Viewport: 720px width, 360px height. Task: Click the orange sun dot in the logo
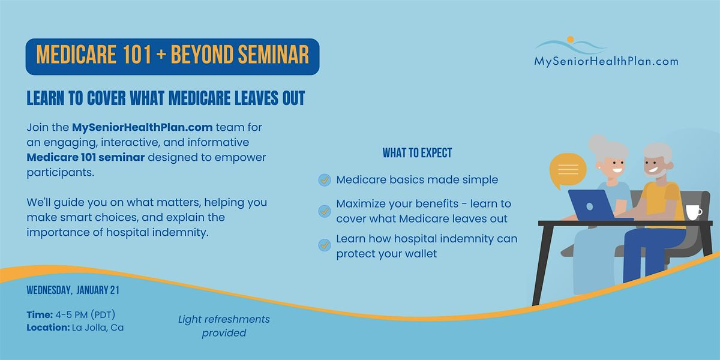(x=571, y=39)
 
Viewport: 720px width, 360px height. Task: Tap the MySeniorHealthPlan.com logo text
(x=606, y=61)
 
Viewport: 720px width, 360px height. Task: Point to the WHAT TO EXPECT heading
(x=417, y=153)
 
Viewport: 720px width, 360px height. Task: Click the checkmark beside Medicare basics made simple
(x=325, y=180)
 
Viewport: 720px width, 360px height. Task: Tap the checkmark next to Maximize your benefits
(x=325, y=211)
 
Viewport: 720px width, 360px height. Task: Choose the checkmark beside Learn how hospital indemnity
(x=325, y=245)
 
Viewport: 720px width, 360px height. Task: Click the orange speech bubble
(x=568, y=170)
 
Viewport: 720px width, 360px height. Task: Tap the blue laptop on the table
(x=592, y=205)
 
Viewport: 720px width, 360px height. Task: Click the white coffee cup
(x=694, y=212)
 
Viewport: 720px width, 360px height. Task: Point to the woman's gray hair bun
(x=597, y=143)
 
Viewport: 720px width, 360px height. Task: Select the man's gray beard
(x=659, y=173)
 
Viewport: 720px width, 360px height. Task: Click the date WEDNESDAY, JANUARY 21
(x=73, y=290)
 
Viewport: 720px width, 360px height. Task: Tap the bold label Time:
(x=40, y=314)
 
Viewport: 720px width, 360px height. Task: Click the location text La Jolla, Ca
(x=98, y=328)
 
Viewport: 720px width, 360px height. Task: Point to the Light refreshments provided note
(x=224, y=326)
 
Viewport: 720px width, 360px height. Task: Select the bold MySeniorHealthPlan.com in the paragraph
(x=142, y=128)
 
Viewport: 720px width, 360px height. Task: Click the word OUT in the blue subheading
(x=293, y=98)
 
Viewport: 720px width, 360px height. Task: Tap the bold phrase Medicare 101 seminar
(x=85, y=157)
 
